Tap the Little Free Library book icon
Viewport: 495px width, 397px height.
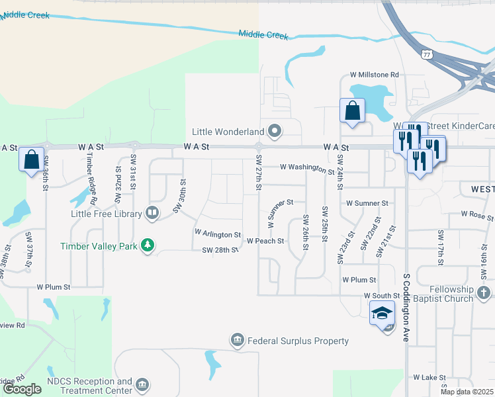point(152,213)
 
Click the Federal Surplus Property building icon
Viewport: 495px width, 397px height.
point(238,341)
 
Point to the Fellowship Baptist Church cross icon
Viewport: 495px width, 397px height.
point(484,292)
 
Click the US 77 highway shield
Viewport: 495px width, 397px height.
point(427,54)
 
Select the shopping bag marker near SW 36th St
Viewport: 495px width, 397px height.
point(31,159)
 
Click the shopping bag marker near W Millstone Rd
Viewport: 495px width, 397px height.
point(352,110)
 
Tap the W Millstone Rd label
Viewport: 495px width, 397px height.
point(375,75)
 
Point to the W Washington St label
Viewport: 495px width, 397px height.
point(307,169)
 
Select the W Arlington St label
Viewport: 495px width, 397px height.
point(217,234)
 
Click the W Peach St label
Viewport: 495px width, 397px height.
point(265,242)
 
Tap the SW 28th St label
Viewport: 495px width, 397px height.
point(220,249)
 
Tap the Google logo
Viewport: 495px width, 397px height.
point(21,389)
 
